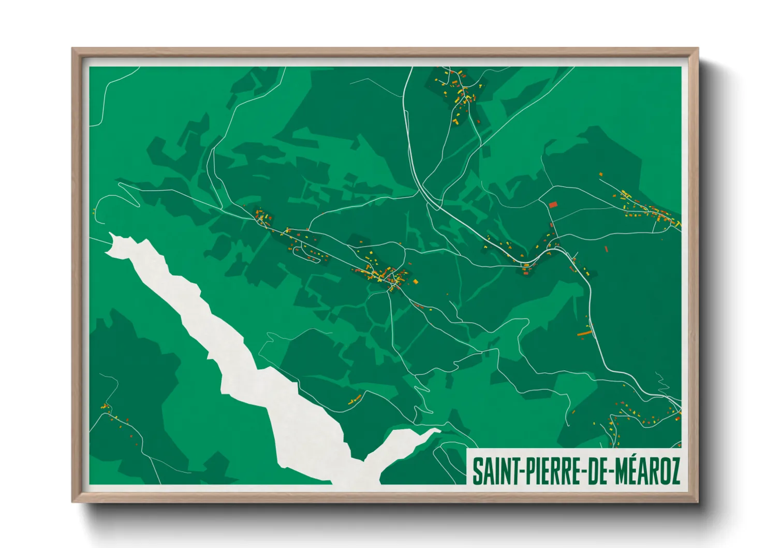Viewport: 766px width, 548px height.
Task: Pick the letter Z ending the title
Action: [x=674, y=471]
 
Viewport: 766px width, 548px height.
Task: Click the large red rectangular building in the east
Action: [x=553, y=205]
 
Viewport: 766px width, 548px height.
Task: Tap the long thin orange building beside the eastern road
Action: [x=584, y=333]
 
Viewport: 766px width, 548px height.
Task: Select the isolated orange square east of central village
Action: [x=415, y=282]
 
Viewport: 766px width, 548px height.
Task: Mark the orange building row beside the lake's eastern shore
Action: [x=355, y=399]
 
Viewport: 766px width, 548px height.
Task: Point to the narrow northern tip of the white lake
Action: [x=112, y=239]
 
